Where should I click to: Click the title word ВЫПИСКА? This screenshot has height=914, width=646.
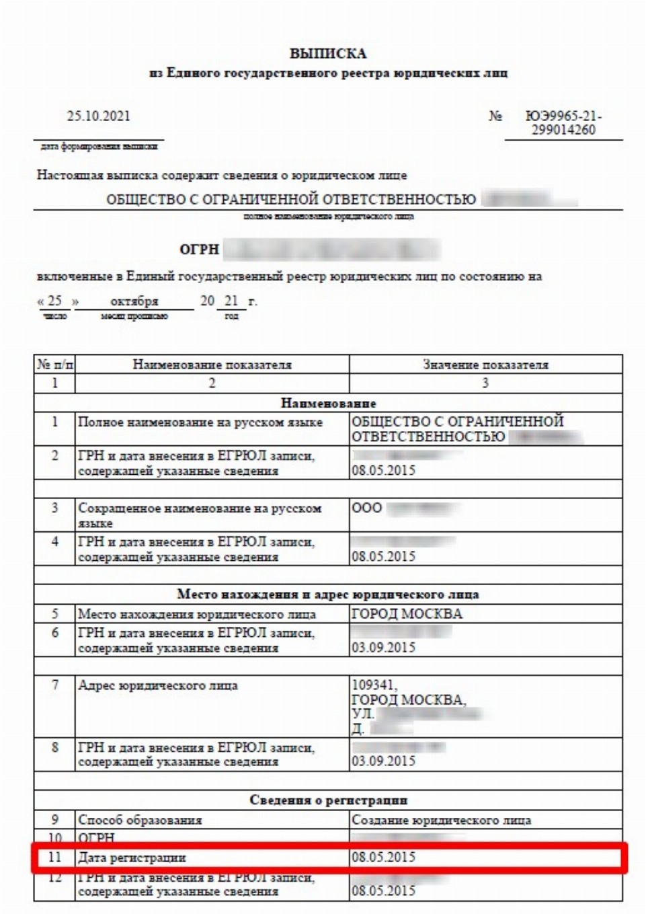327,54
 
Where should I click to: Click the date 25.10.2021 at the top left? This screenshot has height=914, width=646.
98,116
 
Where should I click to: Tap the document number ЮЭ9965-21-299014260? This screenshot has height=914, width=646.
563,123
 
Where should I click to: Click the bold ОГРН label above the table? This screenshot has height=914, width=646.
200,250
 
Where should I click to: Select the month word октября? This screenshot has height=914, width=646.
134,301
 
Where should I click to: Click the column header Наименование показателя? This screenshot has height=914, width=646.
212,365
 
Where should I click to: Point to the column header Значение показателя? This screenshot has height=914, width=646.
485,365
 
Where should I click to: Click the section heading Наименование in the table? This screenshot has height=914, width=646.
328,404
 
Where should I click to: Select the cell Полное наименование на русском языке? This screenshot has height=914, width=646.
200,422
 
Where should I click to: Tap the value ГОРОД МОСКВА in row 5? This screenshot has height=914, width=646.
407,613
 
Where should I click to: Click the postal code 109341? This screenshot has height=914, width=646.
374,685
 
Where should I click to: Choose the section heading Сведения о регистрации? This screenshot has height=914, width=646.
328,800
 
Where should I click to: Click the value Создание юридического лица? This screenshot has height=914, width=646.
441,821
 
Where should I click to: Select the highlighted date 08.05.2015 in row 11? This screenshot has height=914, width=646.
383,858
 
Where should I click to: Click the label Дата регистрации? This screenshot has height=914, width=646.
132,858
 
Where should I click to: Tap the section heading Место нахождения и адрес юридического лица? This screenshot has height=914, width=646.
328,595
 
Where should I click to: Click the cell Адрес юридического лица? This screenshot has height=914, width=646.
158,686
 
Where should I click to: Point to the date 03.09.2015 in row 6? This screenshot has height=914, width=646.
383,648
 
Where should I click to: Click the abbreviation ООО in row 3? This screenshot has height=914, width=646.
367,508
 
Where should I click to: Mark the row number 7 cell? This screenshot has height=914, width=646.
54,685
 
